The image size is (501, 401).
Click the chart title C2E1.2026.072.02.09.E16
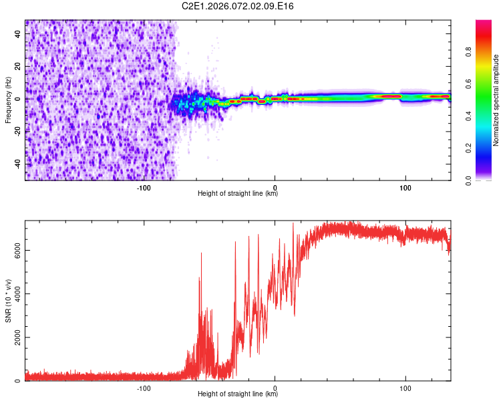(x=238, y=6)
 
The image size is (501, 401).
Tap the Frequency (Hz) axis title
(x=8, y=100)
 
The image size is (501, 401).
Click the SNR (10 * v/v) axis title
(x=8, y=301)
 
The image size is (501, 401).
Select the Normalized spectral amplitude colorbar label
(x=496, y=100)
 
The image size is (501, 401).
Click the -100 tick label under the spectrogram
(x=144, y=187)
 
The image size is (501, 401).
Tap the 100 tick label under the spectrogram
(x=405, y=187)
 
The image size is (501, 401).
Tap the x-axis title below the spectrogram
(x=238, y=194)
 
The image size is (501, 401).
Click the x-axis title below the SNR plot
(x=238, y=394)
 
